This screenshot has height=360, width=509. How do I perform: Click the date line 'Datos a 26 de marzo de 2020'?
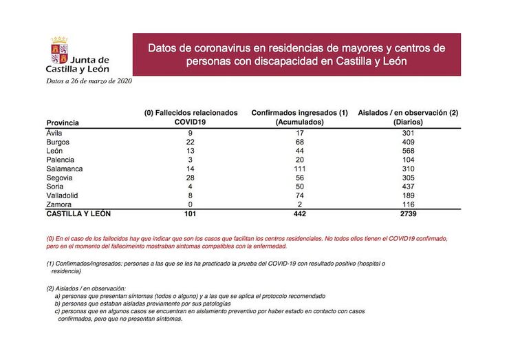(89, 81)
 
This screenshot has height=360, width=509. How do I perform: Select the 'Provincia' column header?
(63, 123)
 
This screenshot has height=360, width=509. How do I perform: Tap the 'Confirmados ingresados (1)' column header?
(300, 112)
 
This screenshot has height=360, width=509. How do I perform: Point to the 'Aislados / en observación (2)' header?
(408, 112)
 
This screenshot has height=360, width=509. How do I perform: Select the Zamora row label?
(58, 205)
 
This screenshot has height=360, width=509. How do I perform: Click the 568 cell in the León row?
(408, 151)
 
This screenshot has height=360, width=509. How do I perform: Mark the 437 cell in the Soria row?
(408, 187)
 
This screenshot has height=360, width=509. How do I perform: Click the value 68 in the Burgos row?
(300, 142)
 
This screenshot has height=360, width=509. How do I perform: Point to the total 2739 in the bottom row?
(408, 215)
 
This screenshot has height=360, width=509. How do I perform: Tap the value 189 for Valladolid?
(408, 196)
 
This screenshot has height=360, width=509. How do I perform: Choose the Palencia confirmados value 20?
(300, 160)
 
